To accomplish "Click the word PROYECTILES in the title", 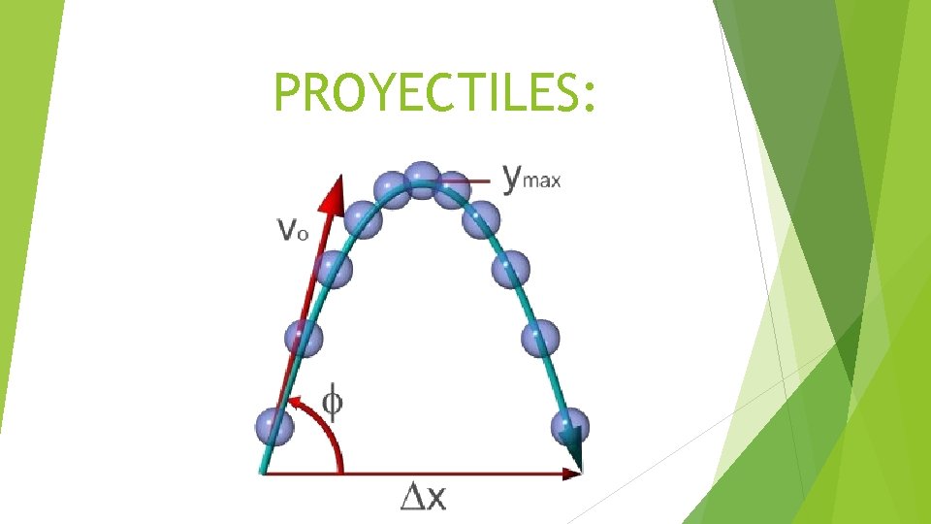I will pyautogui.click(x=425, y=94).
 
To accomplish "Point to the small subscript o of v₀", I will pyautogui.click(x=303, y=234).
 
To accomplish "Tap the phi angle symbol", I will pyautogui.click(x=332, y=402).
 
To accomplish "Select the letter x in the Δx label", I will pyautogui.click(x=436, y=499).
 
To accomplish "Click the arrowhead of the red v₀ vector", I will pyautogui.click(x=336, y=189).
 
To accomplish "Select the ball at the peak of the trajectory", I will pyautogui.click(x=420, y=179).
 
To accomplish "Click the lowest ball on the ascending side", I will pyautogui.click(x=273, y=425).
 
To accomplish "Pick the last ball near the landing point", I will pyautogui.click(x=569, y=427).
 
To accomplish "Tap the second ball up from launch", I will pyautogui.click(x=303, y=338).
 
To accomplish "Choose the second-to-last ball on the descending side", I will pyautogui.click(x=540, y=338).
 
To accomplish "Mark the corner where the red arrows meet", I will pyautogui.click(x=264, y=474).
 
